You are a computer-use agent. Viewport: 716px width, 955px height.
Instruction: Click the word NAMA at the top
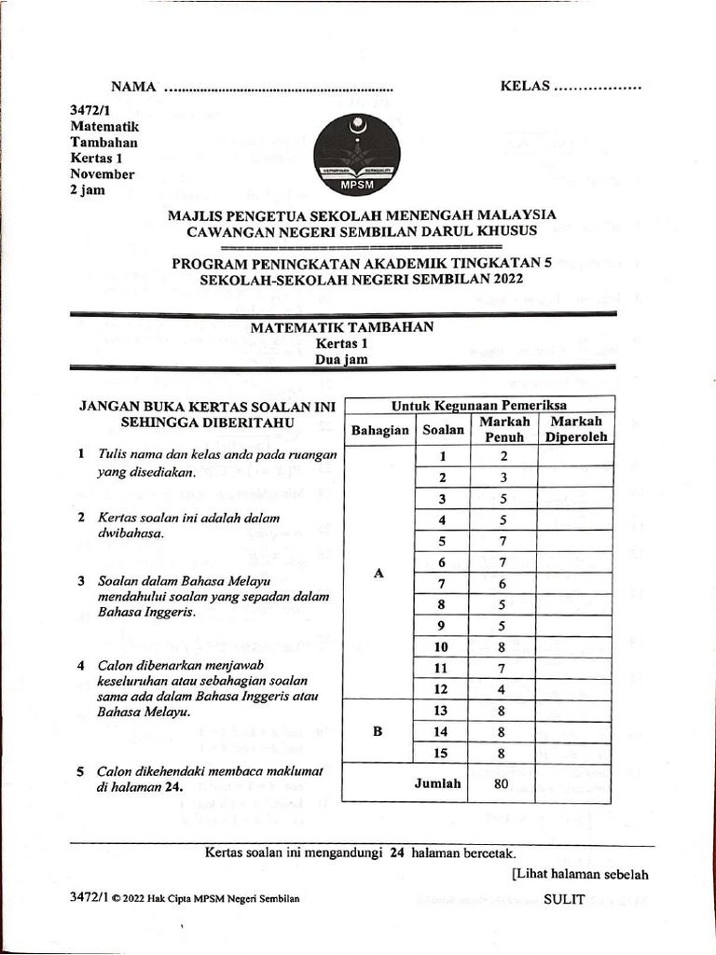pos(132,87)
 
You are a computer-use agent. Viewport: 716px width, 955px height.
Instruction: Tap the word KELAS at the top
pos(526,87)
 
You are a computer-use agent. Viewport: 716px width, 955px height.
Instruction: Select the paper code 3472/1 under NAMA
pos(89,110)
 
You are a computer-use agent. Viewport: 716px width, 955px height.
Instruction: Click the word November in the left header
pos(103,173)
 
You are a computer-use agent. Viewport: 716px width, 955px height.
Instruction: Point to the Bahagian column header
pos(379,430)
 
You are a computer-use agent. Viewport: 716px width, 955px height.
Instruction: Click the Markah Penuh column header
pos(504,429)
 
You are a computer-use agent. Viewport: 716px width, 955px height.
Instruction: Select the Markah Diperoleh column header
pos(575,429)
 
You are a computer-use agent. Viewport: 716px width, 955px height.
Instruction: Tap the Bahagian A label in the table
pos(379,574)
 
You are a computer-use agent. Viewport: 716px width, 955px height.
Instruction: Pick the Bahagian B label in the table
pos(379,732)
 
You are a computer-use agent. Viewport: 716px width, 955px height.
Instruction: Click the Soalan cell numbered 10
pos(444,646)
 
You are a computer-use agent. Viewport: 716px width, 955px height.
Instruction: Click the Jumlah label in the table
pos(438,783)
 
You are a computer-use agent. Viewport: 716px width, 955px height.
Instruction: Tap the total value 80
pos(502,784)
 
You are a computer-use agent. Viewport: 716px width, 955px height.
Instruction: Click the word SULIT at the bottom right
pos(564,899)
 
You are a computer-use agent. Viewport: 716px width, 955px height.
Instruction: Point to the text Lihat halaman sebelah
pos(580,874)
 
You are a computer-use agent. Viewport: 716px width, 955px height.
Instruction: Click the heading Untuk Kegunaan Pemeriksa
pos(479,405)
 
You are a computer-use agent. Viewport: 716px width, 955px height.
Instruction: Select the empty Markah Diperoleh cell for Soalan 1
pos(575,456)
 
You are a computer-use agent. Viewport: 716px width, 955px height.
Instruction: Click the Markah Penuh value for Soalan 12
pos(503,689)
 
